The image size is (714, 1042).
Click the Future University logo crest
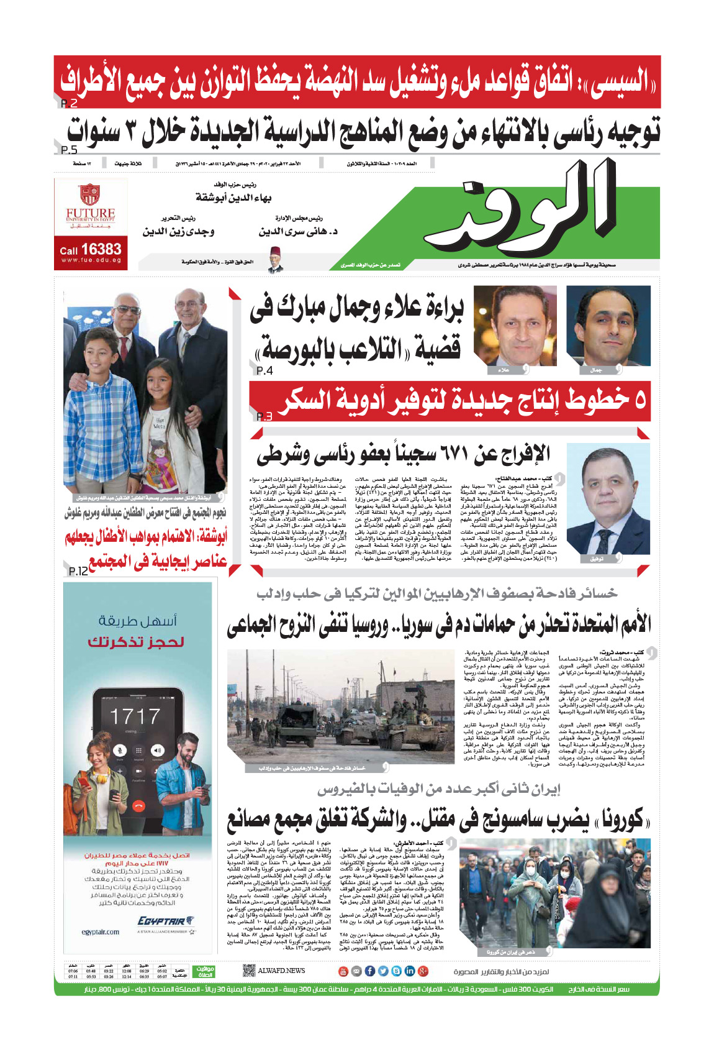(91, 194)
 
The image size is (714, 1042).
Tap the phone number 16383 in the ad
(101, 249)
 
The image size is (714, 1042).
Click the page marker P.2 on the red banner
(70, 103)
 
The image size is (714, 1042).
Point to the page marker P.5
(70, 150)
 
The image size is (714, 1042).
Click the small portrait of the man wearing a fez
(275, 259)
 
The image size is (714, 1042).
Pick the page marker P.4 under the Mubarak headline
(264, 370)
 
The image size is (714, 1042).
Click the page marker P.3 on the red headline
(264, 416)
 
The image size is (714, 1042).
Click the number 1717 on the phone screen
(135, 716)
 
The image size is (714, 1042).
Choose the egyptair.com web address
(101, 932)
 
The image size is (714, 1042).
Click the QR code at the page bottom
(248, 971)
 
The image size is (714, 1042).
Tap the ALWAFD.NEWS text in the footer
(281, 971)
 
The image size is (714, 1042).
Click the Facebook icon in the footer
(369, 971)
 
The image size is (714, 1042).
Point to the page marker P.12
(79, 570)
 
